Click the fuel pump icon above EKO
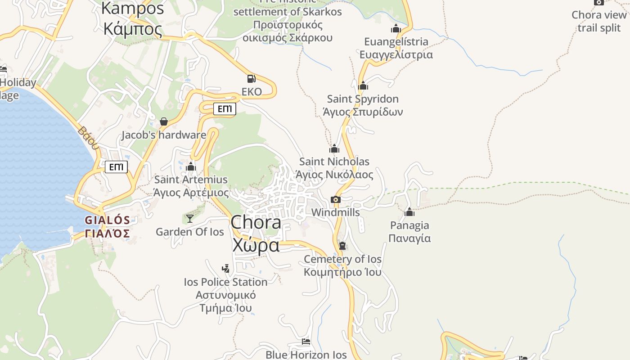click(x=252, y=79)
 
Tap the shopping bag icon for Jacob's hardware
click(x=164, y=121)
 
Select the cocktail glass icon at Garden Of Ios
click(x=190, y=219)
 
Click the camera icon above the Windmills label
click(x=335, y=199)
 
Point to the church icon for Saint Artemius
click(x=191, y=166)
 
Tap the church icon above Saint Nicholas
click(x=334, y=148)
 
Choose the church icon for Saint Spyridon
click(x=363, y=85)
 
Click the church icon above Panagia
click(x=409, y=212)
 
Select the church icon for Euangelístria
click(x=396, y=29)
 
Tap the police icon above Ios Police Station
click(x=226, y=269)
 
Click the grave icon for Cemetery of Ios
click(x=342, y=246)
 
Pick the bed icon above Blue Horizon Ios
click(x=306, y=342)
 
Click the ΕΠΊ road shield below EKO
click(x=225, y=109)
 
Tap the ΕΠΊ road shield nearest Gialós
click(x=116, y=167)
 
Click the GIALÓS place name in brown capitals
click(x=107, y=220)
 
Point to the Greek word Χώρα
click(x=256, y=246)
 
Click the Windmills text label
click(x=335, y=212)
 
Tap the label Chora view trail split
click(x=599, y=21)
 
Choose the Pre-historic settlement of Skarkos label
click(x=288, y=12)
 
